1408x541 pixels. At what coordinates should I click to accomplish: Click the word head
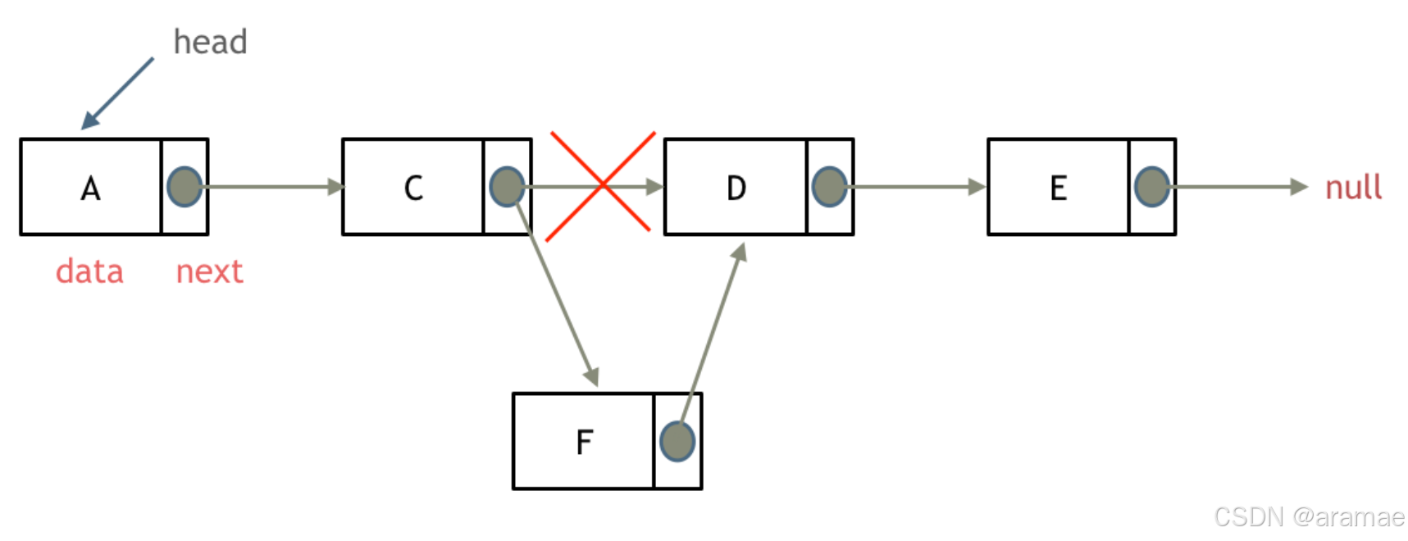(x=210, y=42)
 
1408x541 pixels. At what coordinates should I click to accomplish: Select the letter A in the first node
(x=90, y=189)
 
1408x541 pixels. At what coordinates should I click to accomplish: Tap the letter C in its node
(x=413, y=189)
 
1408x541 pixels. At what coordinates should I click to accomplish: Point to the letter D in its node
(x=736, y=189)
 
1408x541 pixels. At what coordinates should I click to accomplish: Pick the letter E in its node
(x=1059, y=189)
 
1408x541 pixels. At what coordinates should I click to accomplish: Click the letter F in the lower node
(x=584, y=443)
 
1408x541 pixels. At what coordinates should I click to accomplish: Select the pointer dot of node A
(x=185, y=187)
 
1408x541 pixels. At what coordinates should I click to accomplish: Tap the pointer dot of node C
(x=507, y=187)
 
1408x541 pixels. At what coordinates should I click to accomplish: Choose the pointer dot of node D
(x=829, y=187)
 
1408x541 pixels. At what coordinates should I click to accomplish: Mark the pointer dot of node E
(x=1151, y=187)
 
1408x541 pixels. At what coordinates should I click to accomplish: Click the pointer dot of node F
(x=677, y=441)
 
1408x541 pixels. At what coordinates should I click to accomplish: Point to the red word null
(x=1353, y=188)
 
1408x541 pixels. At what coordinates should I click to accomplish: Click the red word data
(x=89, y=271)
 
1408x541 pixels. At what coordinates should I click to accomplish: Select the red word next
(x=209, y=271)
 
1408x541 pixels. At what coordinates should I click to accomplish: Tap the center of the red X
(x=602, y=185)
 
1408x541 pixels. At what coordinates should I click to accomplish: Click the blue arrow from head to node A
(x=117, y=93)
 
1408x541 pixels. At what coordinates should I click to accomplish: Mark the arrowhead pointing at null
(x=1298, y=187)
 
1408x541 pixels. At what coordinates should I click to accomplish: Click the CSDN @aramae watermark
(x=1309, y=516)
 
